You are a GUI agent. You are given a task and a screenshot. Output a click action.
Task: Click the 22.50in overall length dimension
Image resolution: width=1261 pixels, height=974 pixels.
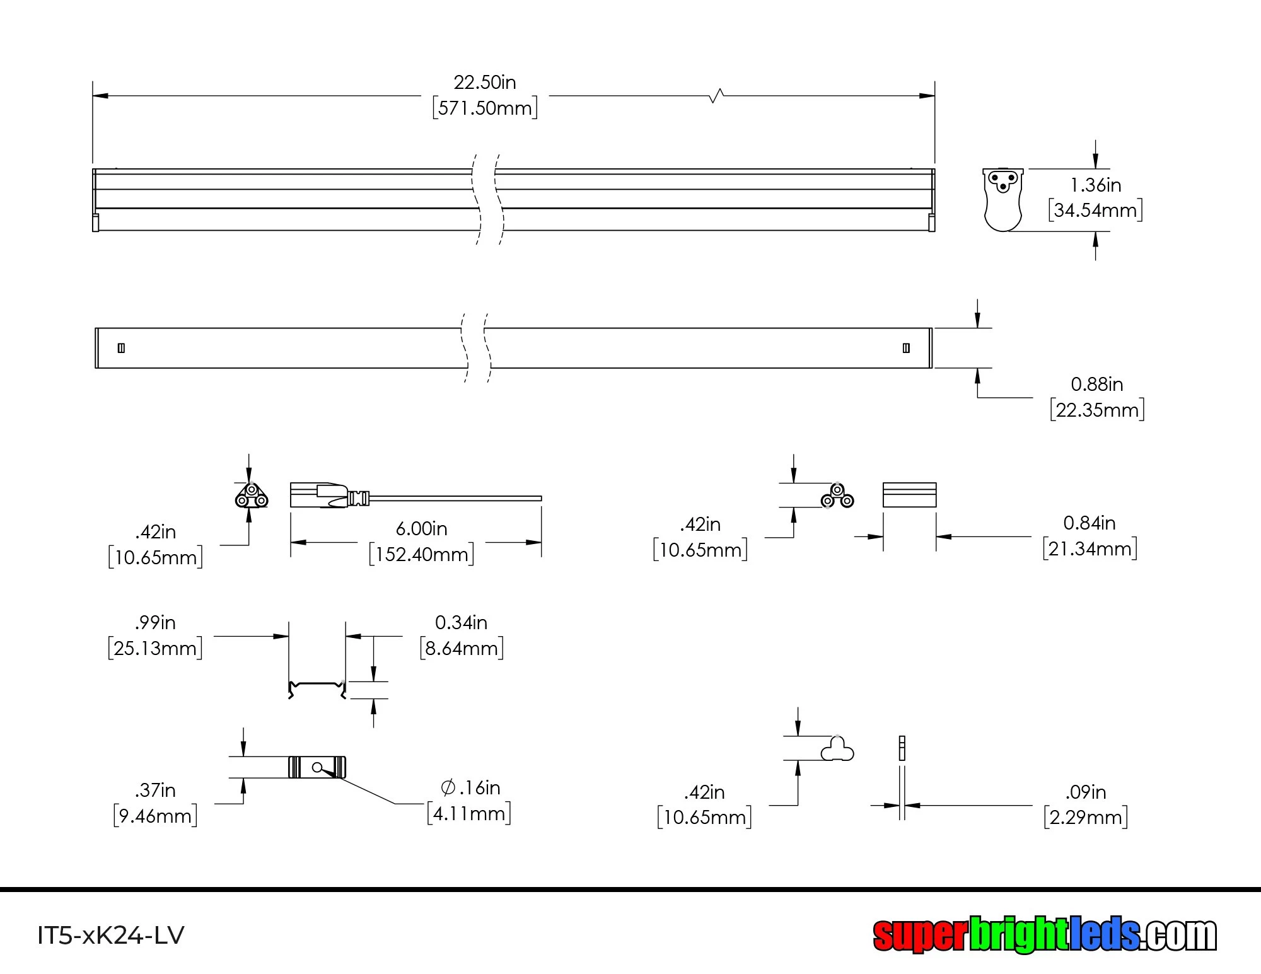pyautogui.click(x=484, y=83)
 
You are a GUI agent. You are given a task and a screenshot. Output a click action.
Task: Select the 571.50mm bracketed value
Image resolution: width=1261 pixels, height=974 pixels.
pyautogui.click(x=484, y=108)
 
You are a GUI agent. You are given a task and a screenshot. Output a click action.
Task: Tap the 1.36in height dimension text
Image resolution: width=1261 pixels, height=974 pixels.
pyautogui.click(x=1095, y=185)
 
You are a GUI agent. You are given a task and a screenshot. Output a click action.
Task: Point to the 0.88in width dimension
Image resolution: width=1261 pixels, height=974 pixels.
pyautogui.click(x=1096, y=384)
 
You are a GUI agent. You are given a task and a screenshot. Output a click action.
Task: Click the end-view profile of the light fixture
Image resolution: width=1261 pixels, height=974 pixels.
pyautogui.click(x=1002, y=199)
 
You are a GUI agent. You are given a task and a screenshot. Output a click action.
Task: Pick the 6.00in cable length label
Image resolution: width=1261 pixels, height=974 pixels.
pyautogui.click(x=421, y=528)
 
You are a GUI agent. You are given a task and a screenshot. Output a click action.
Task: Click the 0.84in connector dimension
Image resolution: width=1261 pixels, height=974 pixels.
pyautogui.click(x=1089, y=523)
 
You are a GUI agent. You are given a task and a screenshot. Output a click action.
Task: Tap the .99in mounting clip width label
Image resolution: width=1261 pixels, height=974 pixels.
pyautogui.click(x=155, y=623)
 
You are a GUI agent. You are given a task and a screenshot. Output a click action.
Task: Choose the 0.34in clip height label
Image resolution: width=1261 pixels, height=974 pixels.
pyautogui.click(x=461, y=623)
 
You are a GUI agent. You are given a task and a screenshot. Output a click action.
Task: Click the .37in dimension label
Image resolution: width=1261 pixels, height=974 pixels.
pyautogui.click(x=155, y=790)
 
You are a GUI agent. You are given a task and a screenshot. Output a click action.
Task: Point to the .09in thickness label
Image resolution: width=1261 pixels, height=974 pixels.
pyautogui.click(x=1085, y=792)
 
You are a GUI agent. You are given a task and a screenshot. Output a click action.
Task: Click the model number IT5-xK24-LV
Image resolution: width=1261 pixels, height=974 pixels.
pyautogui.click(x=111, y=935)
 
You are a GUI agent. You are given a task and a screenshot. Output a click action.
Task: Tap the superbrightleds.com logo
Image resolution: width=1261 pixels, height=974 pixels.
pyautogui.click(x=1044, y=934)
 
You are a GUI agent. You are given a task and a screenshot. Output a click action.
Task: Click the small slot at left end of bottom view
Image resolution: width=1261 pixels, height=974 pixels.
pyautogui.click(x=121, y=348)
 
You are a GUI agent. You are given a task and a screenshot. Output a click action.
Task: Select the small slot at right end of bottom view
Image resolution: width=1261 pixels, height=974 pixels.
pyautogui.click(x=906, y=348)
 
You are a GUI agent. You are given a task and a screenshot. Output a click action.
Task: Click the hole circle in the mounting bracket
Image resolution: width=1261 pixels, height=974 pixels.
pyautogui.click(x=317, y=767)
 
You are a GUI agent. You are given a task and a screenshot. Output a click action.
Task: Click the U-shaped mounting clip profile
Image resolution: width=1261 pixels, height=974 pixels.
pyautogui.click(x=317, y=689)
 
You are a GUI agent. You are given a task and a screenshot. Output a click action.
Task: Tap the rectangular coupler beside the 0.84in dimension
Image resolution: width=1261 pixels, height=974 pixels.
pyautogui.click(x=909, y=495)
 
